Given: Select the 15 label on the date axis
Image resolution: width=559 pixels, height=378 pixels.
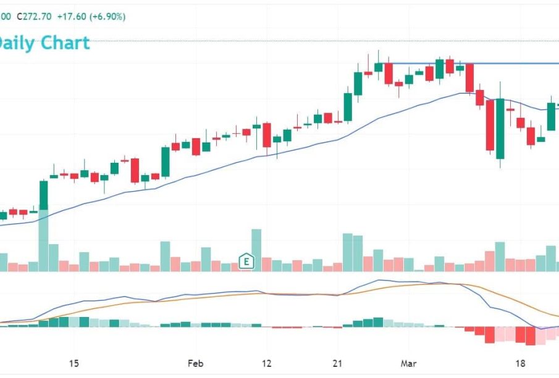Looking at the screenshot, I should (74, 363).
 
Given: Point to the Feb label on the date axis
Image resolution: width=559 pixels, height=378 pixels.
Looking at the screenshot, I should (195, 363).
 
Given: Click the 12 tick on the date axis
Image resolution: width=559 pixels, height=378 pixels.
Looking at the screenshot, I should (267, 363).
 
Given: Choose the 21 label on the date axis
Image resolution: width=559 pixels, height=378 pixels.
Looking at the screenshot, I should (338, 363).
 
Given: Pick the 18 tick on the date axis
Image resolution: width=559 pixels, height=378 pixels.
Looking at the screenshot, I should (520, 363).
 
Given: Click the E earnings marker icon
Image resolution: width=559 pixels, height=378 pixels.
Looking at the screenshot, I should (246, 261).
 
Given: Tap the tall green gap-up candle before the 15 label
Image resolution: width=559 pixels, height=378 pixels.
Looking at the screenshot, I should (43, 195).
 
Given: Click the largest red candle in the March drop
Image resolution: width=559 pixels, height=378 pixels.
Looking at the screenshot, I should (490, 125).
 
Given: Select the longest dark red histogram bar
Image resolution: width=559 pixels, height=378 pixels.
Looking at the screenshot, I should (529, 335).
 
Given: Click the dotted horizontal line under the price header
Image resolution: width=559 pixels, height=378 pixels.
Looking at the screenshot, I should (309, 41).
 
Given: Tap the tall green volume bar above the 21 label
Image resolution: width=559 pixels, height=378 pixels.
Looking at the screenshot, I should (348, 252).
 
